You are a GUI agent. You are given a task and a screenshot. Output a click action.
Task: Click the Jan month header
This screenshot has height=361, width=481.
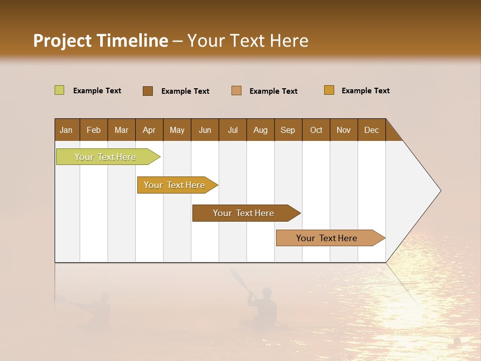point(67,130)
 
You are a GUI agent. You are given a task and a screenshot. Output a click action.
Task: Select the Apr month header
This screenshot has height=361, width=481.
point(149,130)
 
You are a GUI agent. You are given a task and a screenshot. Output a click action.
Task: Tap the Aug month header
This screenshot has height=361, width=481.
point(260,130)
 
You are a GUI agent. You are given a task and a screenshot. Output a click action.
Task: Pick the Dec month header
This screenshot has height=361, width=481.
point(371,130)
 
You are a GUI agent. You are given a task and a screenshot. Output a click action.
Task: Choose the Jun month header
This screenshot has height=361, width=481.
point(204,130)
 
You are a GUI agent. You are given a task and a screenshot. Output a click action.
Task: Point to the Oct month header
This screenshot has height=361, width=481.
point(316,130)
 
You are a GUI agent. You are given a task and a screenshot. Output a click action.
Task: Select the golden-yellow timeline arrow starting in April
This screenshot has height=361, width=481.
point(175,185)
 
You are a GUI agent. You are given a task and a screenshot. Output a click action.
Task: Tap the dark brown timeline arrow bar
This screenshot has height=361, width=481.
point(244,213)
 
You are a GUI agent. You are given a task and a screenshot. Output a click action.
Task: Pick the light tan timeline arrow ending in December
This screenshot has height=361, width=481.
point(328,238)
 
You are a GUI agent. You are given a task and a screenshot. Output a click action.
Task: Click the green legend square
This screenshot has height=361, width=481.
point(59,90)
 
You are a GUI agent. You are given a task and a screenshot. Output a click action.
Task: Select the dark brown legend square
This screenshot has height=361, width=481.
point(147,91)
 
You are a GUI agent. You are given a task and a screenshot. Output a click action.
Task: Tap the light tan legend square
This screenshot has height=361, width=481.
point(236,91)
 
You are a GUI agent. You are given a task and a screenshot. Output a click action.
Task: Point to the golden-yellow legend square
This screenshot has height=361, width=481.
point(329,90)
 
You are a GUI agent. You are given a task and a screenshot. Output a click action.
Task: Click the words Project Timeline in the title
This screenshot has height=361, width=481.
point(100,41)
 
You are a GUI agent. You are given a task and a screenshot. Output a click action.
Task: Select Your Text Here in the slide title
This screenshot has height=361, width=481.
point(248,41)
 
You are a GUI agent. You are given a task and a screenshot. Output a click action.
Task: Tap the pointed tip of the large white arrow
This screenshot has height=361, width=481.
point(439,191)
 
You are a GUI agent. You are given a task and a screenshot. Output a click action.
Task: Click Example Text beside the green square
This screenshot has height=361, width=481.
point(97,91)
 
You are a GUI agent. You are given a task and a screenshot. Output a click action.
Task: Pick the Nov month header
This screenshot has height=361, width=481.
point(343,130)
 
